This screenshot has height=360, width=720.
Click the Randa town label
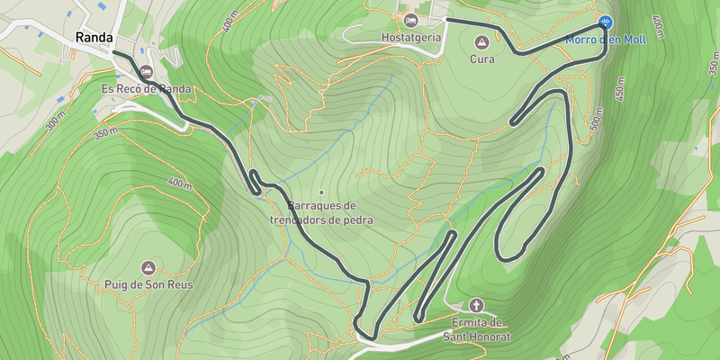click(x=94, y=38)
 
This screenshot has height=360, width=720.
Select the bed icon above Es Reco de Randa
click(x=146, y=71)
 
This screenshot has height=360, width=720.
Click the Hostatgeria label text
click(x=411, y=38)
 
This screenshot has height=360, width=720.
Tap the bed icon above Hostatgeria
click(x=411, y=20)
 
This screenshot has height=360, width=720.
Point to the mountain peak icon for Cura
click(x=481, y=42)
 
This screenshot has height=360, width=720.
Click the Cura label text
click(x=482, y=59)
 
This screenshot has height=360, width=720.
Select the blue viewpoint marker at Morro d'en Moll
click(x=606, y=22)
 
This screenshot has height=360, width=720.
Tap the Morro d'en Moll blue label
click(x=606, y=40)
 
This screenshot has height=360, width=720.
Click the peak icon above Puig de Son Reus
click(x=148, y=267)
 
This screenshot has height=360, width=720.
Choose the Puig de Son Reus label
click(x=148, y=284)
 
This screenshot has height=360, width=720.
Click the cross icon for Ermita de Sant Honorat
click(x=476, y=305)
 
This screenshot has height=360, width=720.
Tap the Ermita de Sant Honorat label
click(x=476, y=329)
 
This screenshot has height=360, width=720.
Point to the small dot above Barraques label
click(x=320, y=192)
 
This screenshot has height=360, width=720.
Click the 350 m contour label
click(x=106, y=135)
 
